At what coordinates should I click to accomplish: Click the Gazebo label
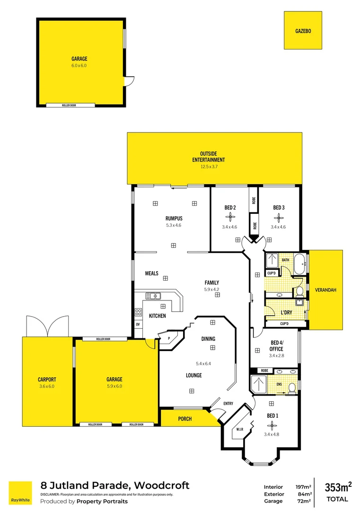coord(303,31)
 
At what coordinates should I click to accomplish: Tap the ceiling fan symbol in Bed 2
coord(230,217)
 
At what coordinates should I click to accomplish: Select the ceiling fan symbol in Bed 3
coord(279,217)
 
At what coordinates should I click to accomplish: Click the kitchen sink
coord(152,296)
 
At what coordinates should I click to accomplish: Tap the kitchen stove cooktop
coord(139,312)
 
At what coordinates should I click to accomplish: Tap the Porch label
coord(184,419)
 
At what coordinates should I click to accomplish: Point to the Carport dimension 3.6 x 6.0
coord(47,386)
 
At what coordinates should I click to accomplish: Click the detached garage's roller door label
coord(69,105)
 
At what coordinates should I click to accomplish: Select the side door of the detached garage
coord(128,81)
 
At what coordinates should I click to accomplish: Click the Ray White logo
coord(20,493)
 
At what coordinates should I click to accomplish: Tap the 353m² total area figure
coord(337,487)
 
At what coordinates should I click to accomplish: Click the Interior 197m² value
coord(303,487)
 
